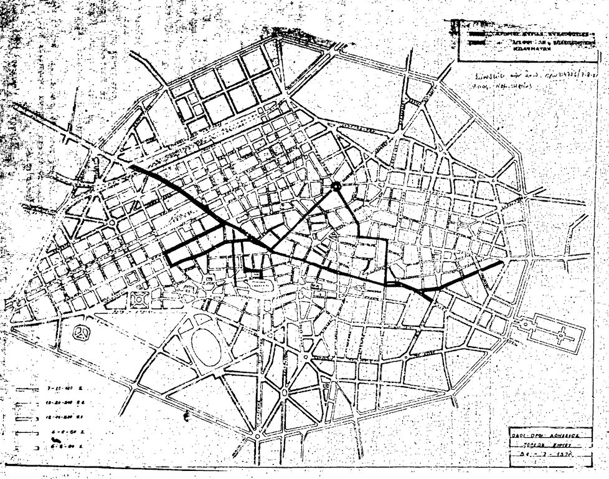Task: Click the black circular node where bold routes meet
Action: [x=336, y=186]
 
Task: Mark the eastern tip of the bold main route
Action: [x=501, y=263]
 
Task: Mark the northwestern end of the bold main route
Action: [x=132, y=167]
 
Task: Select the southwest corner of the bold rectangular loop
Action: [x=169, y=264]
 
